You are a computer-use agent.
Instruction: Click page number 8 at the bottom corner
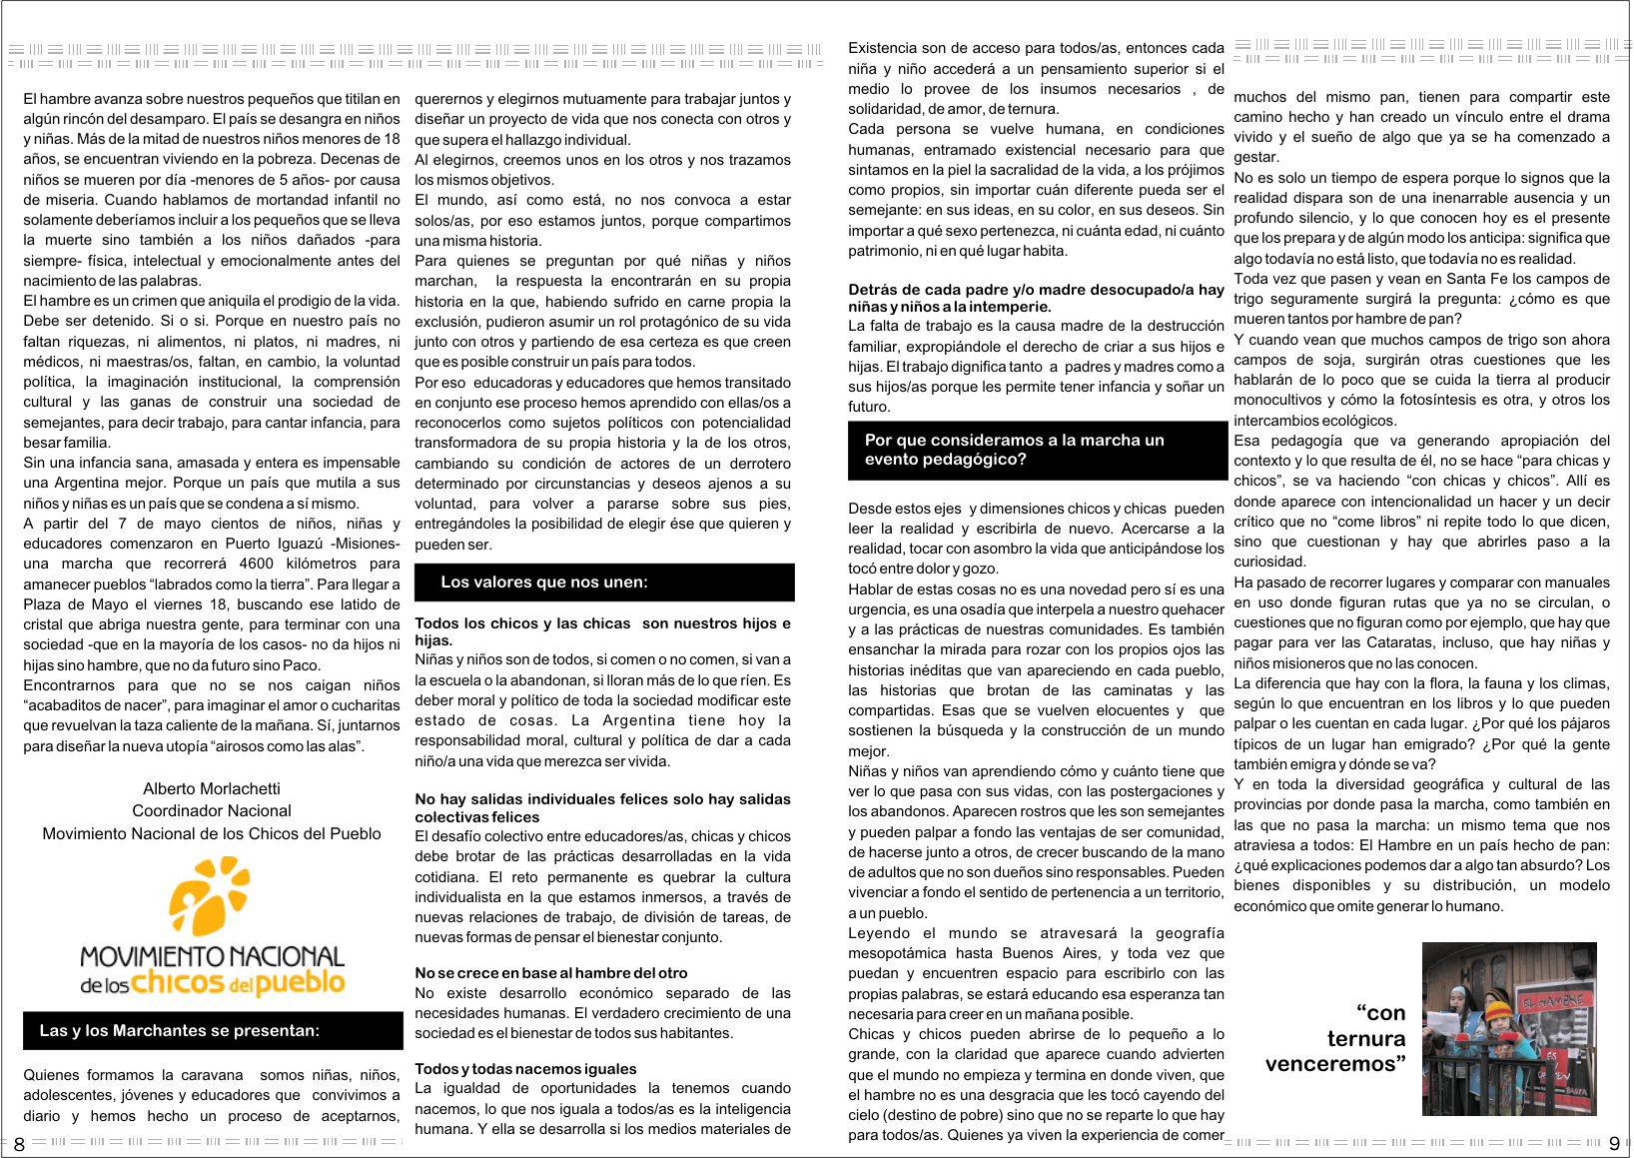pyautogui.click(x=18, y=1144)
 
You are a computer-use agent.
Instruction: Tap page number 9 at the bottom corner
pyautogui.click(x=1614, y=1144)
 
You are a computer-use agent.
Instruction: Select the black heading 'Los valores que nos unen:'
pyautogui.click(x=544, y=581)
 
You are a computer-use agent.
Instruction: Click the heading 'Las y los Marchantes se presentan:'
pyautogui.click(x=180, y=1030)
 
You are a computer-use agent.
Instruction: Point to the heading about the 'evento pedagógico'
pyautogui.click(x=1014, y=450)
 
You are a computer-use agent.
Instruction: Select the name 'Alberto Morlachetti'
pyautogui.click(x=212, y=788)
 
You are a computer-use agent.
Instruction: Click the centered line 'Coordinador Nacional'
pyautogui.click(x=212, y=810)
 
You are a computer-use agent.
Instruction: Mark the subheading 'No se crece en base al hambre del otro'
pyautogui.click(x=551, y=972)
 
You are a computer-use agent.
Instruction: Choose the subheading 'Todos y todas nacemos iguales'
pyautogui.click(x=525, y=1068)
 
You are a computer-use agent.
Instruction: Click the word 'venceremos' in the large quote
pyautogui.click(x=1334, y=1064)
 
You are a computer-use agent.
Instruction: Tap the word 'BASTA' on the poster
pyautogui.click(x=1573, y=1090)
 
